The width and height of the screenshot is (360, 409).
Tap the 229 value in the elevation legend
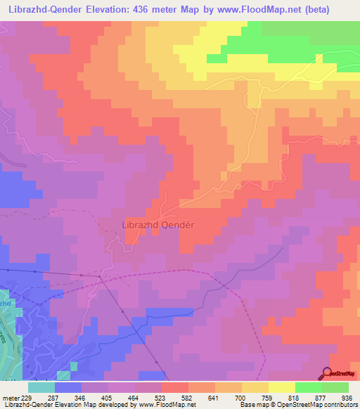point(27,398)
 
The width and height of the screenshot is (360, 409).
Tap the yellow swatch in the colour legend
point(282,387)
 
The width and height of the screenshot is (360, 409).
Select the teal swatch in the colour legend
point(41,387)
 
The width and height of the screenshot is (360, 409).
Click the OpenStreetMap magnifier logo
point(328,373)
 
